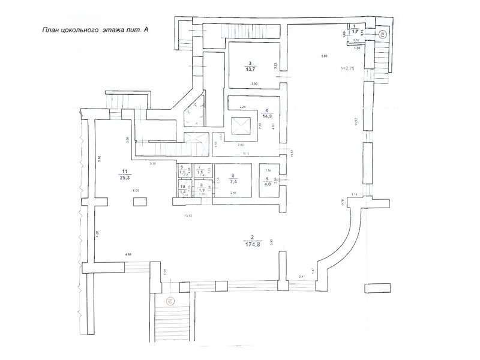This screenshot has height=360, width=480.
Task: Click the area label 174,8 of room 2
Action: point(253,244)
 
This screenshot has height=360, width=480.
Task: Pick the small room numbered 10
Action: point(182,190)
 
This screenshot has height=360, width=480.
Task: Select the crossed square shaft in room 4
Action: point(240,126)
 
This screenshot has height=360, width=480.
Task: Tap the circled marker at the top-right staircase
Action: point(382,34)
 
